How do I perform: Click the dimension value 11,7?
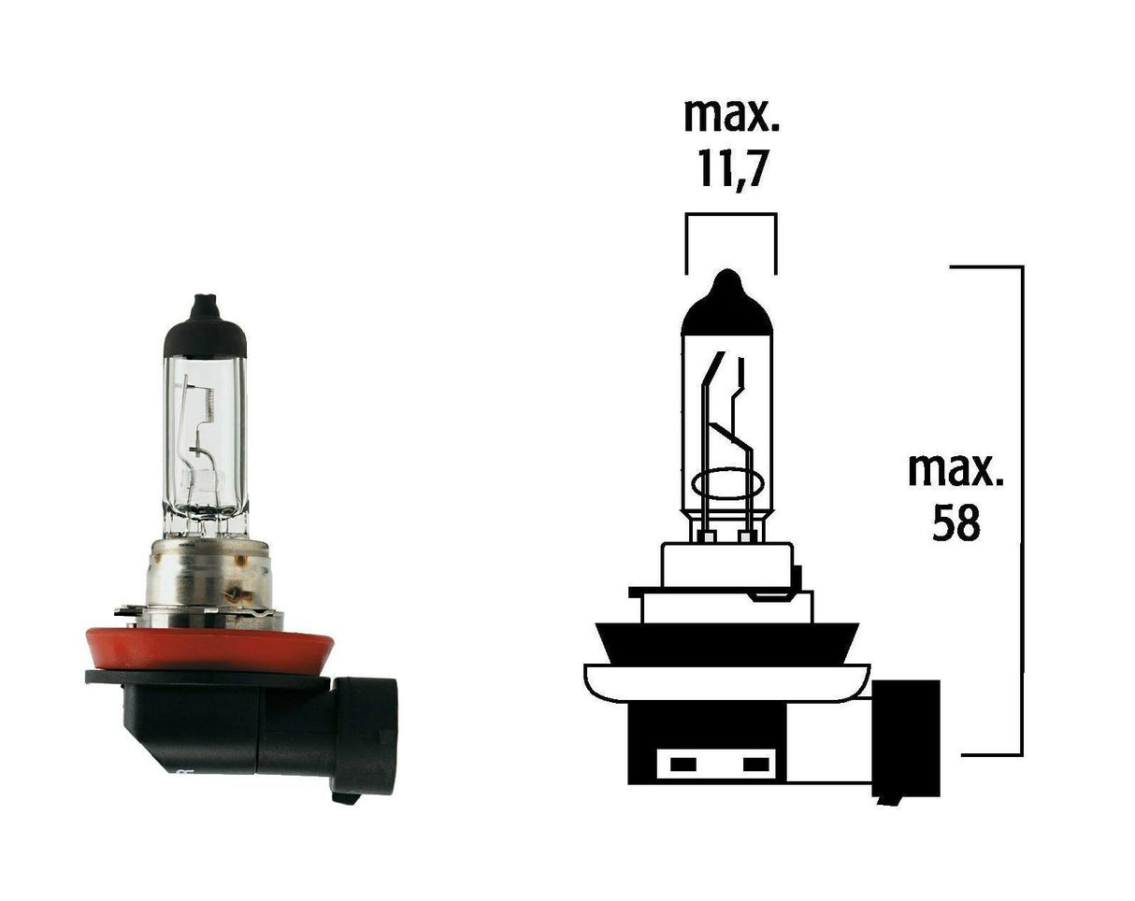(x=730, y=171)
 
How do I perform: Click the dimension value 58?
(x=956, y=523)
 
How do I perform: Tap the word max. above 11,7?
(x=730, y=115)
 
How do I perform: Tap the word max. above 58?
(x=955, y=470)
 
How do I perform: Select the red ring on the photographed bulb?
(x=208, y=647)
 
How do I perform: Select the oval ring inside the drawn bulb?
(x=728, y=486)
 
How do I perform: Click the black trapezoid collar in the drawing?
(x=726, y=642)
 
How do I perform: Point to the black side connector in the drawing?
(x=905, y=738)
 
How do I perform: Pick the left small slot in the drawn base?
(x=683, y=765)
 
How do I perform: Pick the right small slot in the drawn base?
(x=754, y=765)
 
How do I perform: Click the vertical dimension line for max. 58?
(x=1022, y=509)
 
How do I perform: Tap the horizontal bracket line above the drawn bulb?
(x=730, y=215)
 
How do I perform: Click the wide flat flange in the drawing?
(x=726, y=680)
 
